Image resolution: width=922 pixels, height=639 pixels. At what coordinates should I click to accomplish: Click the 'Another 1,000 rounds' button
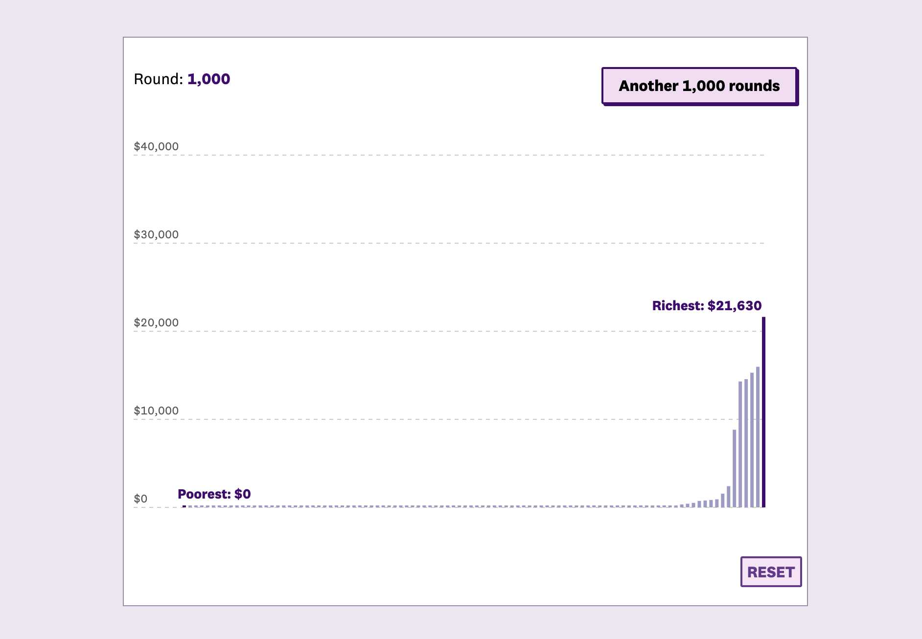click(699, 86)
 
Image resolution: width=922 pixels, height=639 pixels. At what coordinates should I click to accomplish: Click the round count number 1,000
click(208, 79)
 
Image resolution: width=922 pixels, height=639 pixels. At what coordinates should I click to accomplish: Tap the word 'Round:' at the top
click(158, 79)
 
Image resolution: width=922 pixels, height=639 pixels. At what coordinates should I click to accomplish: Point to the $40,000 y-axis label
click(156, 146)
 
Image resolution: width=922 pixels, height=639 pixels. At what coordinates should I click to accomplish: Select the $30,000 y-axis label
click(156, 234)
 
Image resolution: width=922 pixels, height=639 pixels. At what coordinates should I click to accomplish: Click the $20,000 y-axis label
click(156, 322)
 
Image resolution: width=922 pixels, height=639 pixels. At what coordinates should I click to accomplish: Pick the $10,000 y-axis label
click(156, 411)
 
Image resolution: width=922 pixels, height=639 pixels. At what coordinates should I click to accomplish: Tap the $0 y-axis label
click(140, 499)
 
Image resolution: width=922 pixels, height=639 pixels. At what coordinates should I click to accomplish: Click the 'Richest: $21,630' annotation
click(707, 306)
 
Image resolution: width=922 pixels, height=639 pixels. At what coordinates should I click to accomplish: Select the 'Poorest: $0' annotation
click(214, 494)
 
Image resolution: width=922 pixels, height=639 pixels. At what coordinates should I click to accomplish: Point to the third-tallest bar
click(752, 440)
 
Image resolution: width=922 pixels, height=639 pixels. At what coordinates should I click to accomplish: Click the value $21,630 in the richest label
click(735, 306)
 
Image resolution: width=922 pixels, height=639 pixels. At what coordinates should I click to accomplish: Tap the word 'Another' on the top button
click(648, 86)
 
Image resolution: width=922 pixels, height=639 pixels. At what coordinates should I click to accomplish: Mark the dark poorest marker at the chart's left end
click(184, 506)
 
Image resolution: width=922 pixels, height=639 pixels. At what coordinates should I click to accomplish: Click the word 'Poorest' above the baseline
click(204, 494)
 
